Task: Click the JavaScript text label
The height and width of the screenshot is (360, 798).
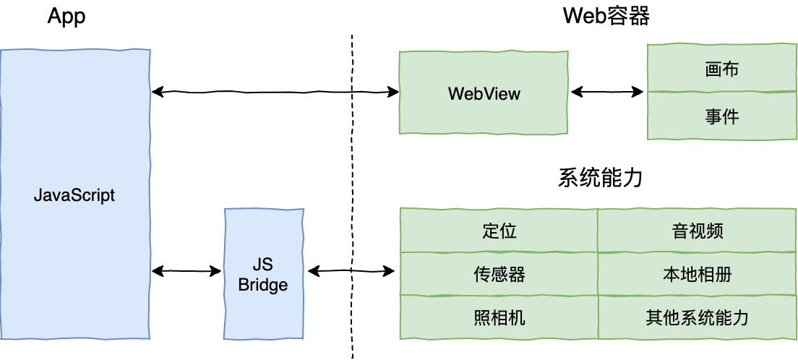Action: pos(74,195)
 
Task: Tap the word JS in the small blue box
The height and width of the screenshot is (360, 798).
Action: pos(263,264)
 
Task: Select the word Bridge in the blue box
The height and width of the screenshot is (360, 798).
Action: pos(263,285)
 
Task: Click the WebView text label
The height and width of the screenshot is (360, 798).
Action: pos(484,93)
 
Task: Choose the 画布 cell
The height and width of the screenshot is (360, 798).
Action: pos(721,69)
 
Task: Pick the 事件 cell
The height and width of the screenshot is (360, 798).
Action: pos(721,116)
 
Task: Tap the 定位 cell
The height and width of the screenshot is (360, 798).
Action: pos(499,231)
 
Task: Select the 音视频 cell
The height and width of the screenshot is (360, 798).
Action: pos(697,231)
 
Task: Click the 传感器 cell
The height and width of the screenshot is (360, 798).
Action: pos(499,274)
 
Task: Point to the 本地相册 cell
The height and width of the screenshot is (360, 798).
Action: pos(697,274)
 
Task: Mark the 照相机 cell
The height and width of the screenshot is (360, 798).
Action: pos(499,317)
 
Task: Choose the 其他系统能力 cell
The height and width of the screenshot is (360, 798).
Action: pos(697,317)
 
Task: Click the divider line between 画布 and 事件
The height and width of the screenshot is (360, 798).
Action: pos(721,92)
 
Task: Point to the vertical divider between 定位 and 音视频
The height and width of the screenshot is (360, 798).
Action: pos(598,231)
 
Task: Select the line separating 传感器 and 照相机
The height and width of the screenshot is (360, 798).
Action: pos(499,295)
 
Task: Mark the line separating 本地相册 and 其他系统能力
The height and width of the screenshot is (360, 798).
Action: pos(697,295)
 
